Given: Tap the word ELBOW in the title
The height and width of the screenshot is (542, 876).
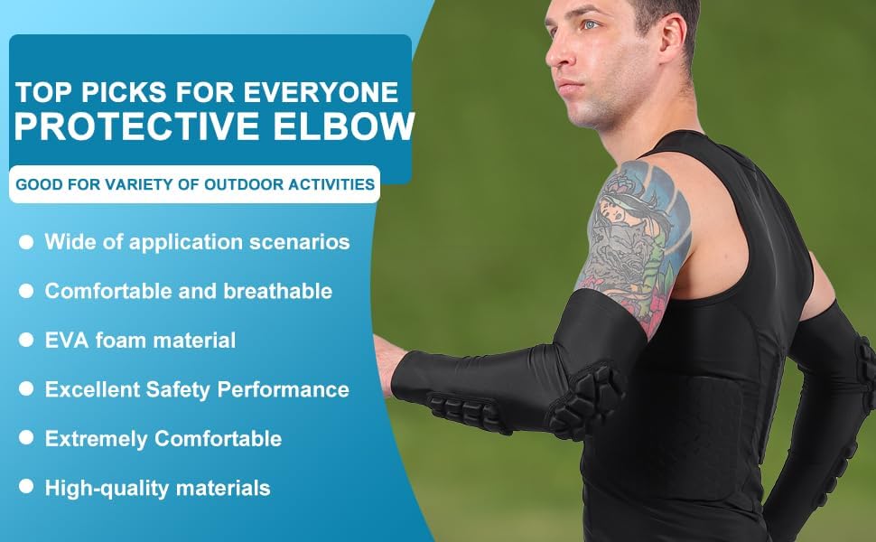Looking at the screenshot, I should [x=347, y=127].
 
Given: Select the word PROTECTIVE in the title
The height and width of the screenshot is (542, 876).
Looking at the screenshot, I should [x=144, y=127].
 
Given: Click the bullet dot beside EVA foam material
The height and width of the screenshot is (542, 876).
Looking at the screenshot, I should [x=26, y=341].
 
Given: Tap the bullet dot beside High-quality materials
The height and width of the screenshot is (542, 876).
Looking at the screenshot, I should [x=26, y=488].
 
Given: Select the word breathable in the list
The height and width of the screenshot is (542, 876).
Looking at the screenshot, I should [x=282, y=291].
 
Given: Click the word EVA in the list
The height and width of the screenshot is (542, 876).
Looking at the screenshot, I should [x=66, y=341].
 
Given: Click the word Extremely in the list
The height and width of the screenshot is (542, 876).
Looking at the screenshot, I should [x=97, y=439].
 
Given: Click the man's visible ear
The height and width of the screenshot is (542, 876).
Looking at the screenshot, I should [x=669, y=33].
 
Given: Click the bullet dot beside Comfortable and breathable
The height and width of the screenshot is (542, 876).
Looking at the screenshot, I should [x=26, y=291].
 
